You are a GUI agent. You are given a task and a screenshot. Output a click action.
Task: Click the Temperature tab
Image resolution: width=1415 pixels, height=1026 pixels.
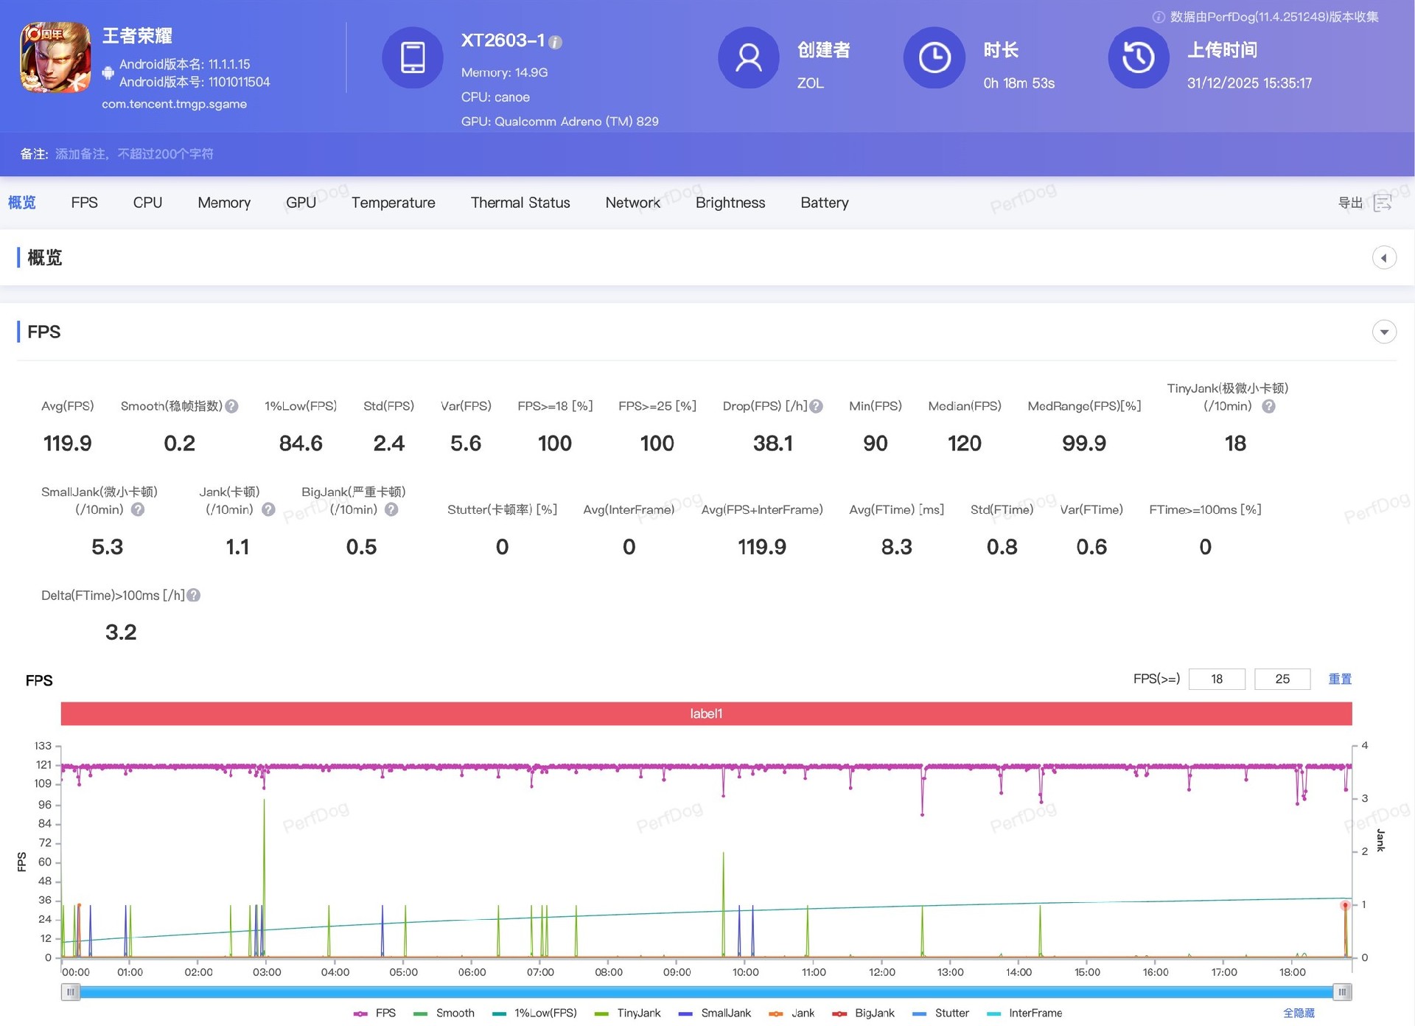tap(393, 203)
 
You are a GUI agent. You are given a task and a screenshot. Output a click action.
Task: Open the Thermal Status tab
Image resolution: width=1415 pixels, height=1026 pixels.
tap(520, 203)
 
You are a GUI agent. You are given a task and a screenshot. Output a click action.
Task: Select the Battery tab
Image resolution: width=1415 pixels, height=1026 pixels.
tap(824, 203)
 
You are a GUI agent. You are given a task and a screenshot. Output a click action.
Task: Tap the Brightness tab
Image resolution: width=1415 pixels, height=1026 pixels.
tap(730, 203)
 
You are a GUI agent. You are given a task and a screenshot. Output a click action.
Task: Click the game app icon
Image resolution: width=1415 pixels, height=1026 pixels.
tap(55, 57)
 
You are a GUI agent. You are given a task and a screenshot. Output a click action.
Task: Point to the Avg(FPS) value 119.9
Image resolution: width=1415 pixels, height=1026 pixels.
tap(67, 443)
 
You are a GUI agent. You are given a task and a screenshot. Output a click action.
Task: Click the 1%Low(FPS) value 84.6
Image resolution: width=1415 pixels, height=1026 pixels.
tap(301, 443)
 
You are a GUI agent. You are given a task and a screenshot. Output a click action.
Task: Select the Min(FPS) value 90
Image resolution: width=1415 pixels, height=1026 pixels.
tap(875, 443)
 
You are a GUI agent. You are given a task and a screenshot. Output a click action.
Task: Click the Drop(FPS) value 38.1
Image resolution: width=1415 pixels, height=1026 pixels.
tap(772, 443)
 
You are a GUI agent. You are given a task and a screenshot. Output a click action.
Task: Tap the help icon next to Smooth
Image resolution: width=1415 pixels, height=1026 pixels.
tap(231, 406)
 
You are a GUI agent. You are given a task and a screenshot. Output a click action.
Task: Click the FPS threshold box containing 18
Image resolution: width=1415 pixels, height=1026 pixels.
tap(1217, 679)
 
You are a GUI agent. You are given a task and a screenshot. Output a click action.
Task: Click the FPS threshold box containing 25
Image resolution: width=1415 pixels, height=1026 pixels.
tap(1282, 679)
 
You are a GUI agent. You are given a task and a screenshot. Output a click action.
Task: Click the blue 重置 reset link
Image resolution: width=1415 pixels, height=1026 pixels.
tap(1340, 679)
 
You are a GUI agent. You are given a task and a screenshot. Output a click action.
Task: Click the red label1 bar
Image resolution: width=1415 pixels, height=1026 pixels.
tap(706, 713)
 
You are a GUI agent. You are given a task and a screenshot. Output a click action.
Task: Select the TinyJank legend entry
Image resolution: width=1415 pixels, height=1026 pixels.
tap(638, 1013)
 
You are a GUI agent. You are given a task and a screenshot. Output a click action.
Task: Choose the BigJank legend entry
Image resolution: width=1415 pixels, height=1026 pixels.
tap(874, 1013)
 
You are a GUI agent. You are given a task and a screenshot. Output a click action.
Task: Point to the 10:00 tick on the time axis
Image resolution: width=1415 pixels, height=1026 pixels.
tap(745, 972)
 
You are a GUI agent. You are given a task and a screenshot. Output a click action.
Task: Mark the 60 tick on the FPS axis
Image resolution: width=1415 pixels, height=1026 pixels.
tap(45, 862)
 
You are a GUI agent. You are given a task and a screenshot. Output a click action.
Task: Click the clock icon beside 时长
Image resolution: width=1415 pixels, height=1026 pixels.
tap(934, 57)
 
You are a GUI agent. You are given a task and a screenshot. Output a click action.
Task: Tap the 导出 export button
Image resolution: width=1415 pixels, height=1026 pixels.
tap(1364, 203)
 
